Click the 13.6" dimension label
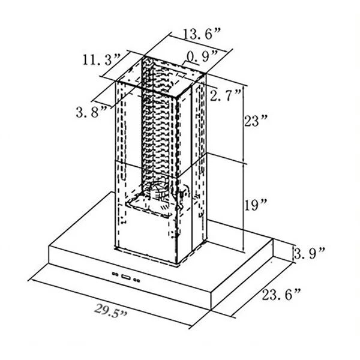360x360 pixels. (202, 34)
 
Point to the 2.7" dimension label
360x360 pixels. (225, 95)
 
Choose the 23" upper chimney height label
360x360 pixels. (256, 121)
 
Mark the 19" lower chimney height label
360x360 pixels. (256, 205)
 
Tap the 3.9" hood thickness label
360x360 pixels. (309, 253)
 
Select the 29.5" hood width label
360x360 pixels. (110, 311)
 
